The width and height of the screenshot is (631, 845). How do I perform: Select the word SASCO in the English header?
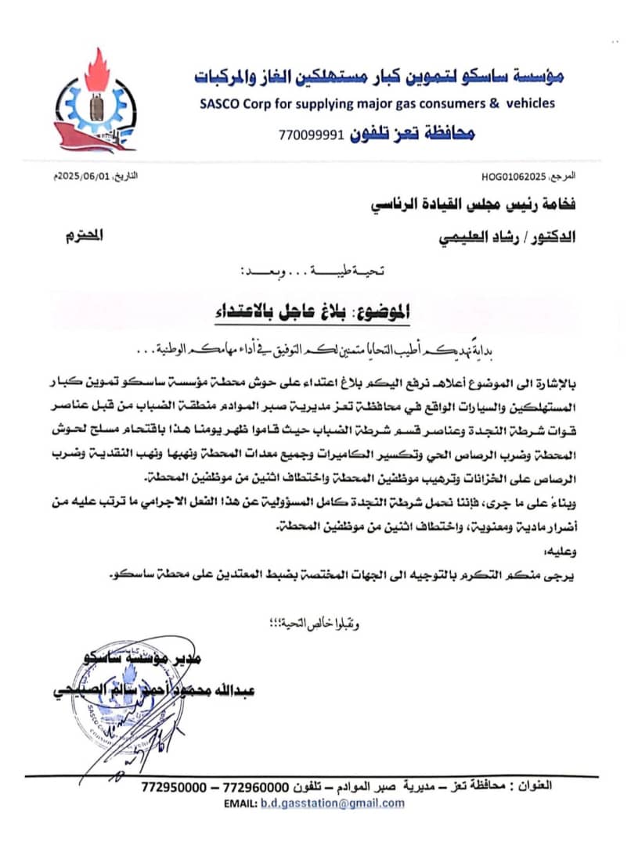216,102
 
